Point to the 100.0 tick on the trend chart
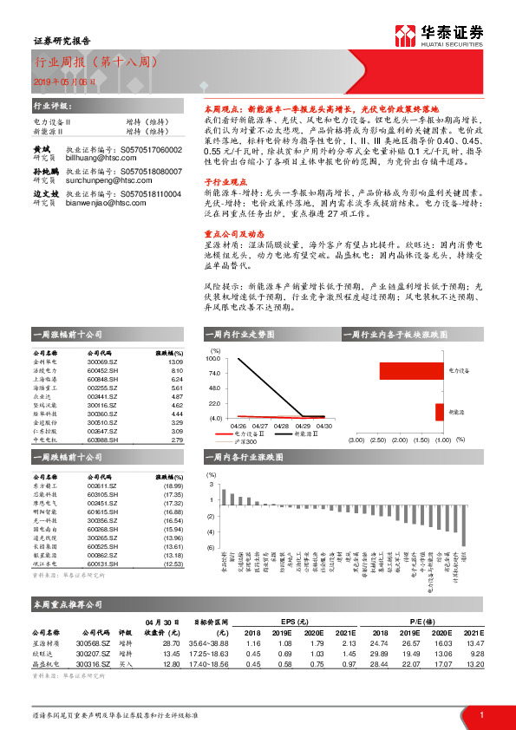click(212, 357)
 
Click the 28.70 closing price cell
click(171, 642)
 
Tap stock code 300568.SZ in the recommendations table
click(93, 642)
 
